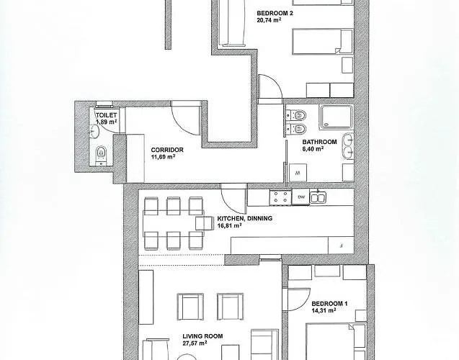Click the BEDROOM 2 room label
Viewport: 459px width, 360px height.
tap(275, 13)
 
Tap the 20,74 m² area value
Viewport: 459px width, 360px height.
tap(269, 20)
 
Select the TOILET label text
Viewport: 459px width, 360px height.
tap(106, 115)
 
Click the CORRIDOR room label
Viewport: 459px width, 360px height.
tap(167, 150)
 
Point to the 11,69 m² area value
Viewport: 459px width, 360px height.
tap(163, 157)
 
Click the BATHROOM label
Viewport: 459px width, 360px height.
tap(320, 142)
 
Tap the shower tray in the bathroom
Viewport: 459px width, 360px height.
tap(336, 117)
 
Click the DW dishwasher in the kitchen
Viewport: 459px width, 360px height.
tap(300, 197)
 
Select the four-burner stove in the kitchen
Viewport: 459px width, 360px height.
tap(280, 197)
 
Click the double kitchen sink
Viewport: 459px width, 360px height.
tap(318, 197)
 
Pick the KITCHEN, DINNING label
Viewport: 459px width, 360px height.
tap(245, 218)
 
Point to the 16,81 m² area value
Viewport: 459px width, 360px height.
tap(229, 225)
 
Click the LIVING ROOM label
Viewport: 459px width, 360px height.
tap(202, 336)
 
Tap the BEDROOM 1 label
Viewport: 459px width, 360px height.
tap(329, 304)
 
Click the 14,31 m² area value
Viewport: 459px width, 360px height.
tap(324, 310)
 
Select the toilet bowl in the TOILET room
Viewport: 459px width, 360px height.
tap(101, 153)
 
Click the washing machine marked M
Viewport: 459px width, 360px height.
tap(298, 173)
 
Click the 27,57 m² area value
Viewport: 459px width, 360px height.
tap(195, 343)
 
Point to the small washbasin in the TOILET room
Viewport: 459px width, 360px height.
tap(94, 131)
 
